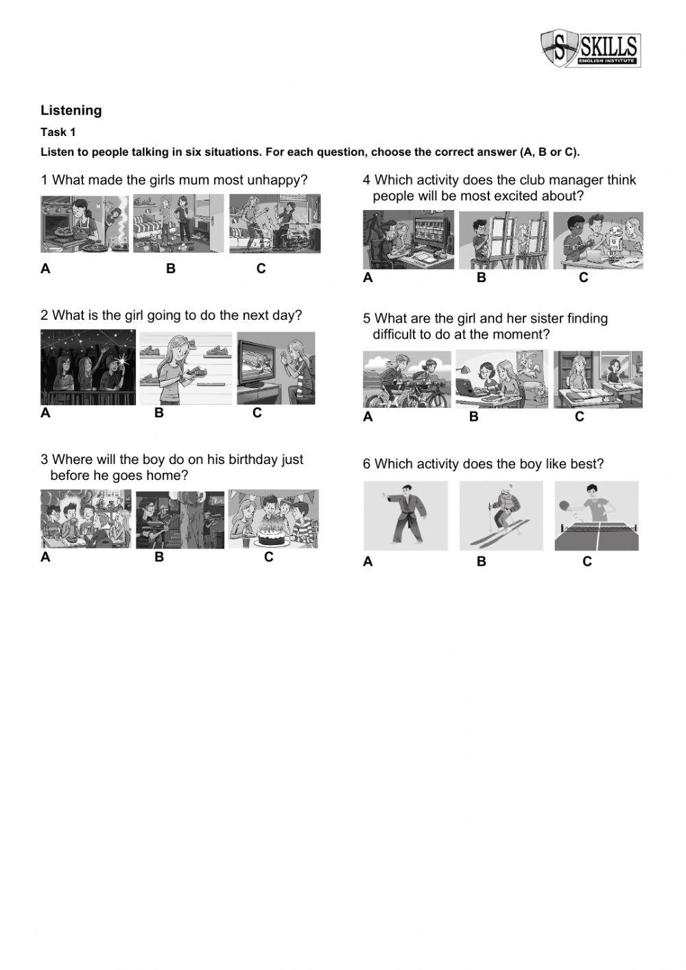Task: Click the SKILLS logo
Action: (591, 49)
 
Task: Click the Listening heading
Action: (71, 111)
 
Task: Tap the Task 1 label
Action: (58, 132)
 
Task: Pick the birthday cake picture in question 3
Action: (274, 519)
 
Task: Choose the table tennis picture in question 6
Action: (596, 516)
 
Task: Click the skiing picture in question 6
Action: (501, 516)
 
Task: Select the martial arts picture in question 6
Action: (405, 516)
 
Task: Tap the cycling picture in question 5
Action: (407, 380)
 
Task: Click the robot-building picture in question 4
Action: (598, 240)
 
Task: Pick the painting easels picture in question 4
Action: (504, 240)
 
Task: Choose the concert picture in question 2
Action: (88, 367)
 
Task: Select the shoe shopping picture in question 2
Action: (186, 368)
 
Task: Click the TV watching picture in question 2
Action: (276, 368)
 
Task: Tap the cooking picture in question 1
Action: (84, 223)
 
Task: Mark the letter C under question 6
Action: (587, 562)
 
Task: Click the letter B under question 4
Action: (482, 277)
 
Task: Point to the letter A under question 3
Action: (45, 557)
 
